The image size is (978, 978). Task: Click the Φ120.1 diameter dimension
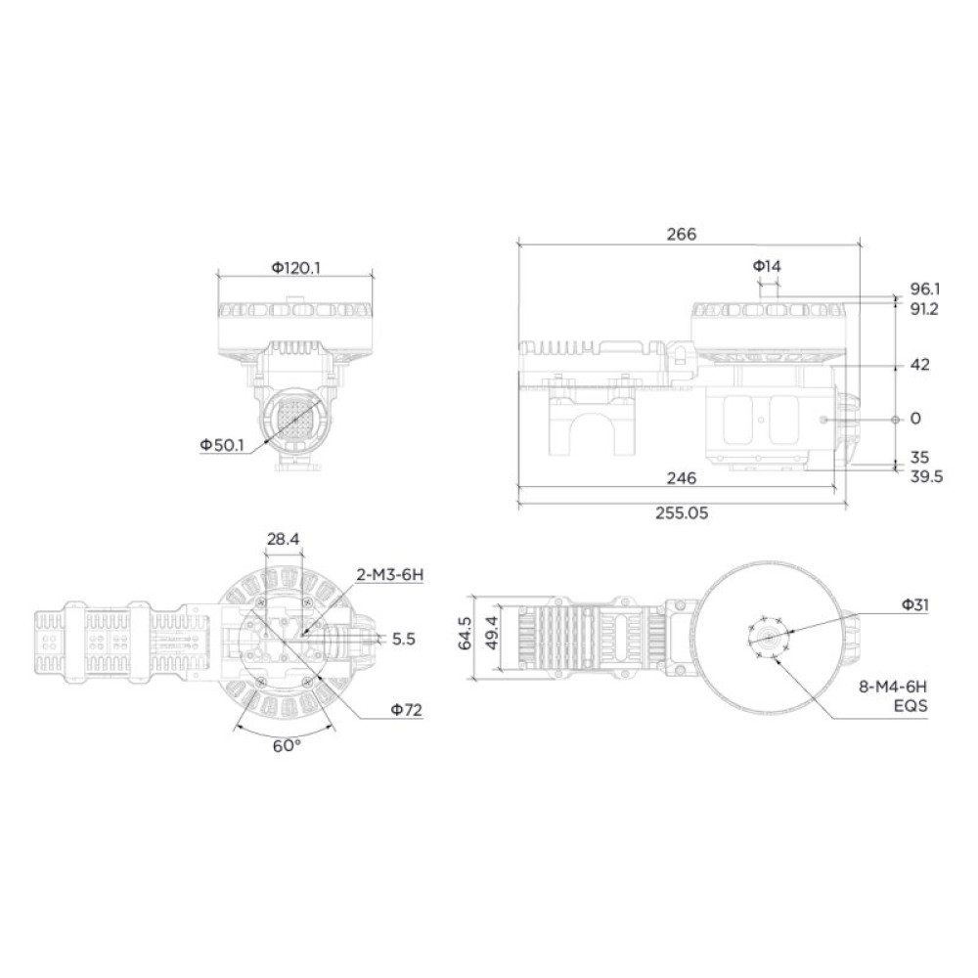pos(295,267)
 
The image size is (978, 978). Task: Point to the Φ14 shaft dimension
pos(767,266)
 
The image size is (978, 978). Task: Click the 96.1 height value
pos(924,289)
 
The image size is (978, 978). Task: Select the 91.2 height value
pos(924,309)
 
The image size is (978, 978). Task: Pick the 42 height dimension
pos(919,365)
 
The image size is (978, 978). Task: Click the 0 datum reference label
pos(915,419)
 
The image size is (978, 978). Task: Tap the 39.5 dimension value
pos(925,476)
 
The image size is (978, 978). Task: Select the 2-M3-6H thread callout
pos(390,575)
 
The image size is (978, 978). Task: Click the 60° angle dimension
pos(286,745)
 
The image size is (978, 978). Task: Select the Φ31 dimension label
pos(915,605)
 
